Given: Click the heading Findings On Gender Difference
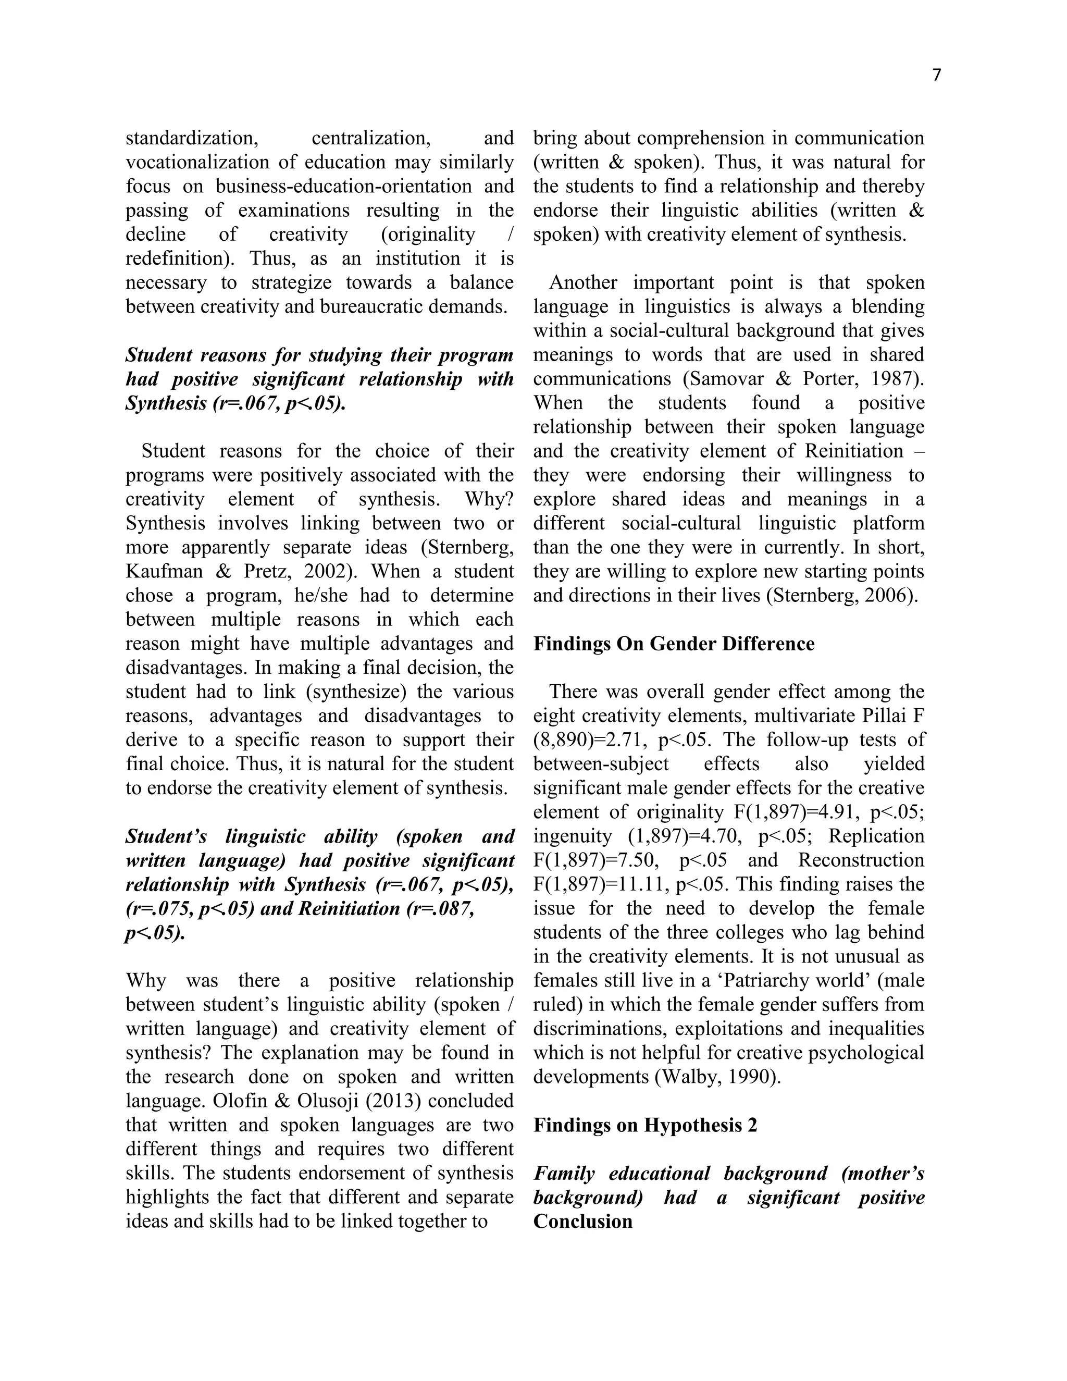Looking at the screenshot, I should click(674, 644).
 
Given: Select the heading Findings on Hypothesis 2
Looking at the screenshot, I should click(645, 1125).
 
